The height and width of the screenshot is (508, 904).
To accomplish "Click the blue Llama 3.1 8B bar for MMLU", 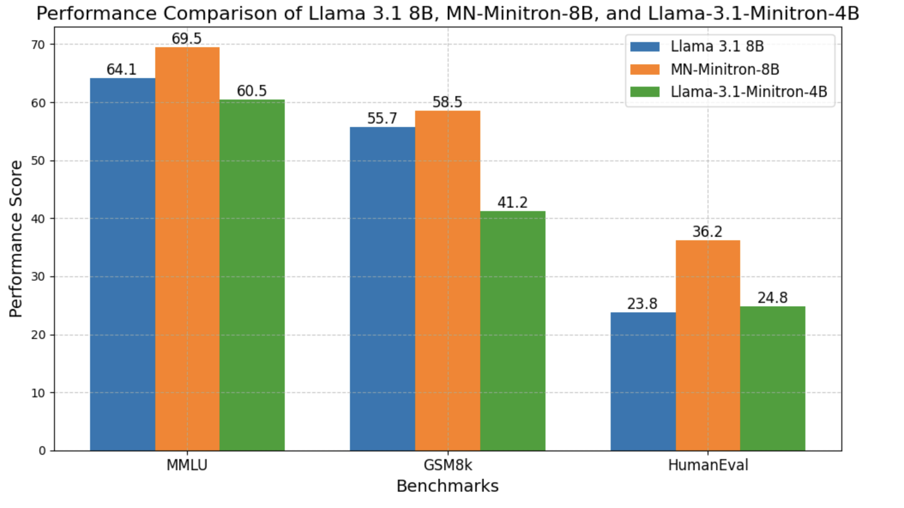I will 122,264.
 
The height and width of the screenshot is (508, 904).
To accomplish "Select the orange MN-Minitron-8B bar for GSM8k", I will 447,281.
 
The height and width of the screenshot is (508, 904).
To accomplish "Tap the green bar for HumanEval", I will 772,378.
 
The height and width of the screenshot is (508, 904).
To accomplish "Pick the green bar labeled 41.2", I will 512,330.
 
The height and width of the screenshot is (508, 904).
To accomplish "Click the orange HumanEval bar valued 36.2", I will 708,345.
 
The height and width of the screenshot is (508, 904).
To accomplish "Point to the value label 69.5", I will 186,39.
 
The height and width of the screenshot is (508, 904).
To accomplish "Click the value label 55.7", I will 382,118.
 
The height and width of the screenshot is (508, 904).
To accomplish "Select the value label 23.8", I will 642,304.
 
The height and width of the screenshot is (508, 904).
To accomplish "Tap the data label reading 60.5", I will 252,91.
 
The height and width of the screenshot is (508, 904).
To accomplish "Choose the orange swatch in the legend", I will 645,69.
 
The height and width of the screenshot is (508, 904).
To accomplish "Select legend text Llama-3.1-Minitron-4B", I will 749,92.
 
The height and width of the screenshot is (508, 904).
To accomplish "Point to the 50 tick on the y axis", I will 38,161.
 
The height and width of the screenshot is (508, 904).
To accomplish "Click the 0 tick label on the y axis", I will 42,451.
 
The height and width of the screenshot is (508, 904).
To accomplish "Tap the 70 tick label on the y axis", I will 38,45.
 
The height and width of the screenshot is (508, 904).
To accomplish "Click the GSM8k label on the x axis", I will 447,465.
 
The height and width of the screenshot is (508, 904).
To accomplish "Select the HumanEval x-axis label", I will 708,465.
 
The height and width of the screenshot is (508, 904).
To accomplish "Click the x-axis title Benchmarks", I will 447,486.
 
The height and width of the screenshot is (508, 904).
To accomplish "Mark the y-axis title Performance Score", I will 16,239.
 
